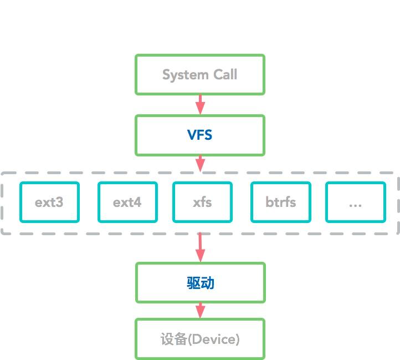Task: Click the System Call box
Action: pos(200,74)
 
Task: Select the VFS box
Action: pos(200,135)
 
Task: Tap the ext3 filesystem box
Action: pos(49,202)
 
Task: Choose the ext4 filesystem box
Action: pos(127,202)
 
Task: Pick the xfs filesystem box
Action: pos(202,202)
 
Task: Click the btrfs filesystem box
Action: pos(281,202)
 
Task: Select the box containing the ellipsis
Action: pos(355,202)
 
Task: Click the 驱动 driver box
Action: pos(200,283)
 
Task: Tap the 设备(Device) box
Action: pos(200,339)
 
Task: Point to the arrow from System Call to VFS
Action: pos(200,104)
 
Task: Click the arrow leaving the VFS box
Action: pos(200,164)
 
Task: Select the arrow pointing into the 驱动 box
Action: pos(200,247)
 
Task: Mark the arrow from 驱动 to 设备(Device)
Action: pos(200,311)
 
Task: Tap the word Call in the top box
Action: pos(225,75)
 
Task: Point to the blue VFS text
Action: pos(200,135)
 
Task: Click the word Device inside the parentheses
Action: pos(213,339)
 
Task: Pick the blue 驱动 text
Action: pos(200,283)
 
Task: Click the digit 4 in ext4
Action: pos(137,202)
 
